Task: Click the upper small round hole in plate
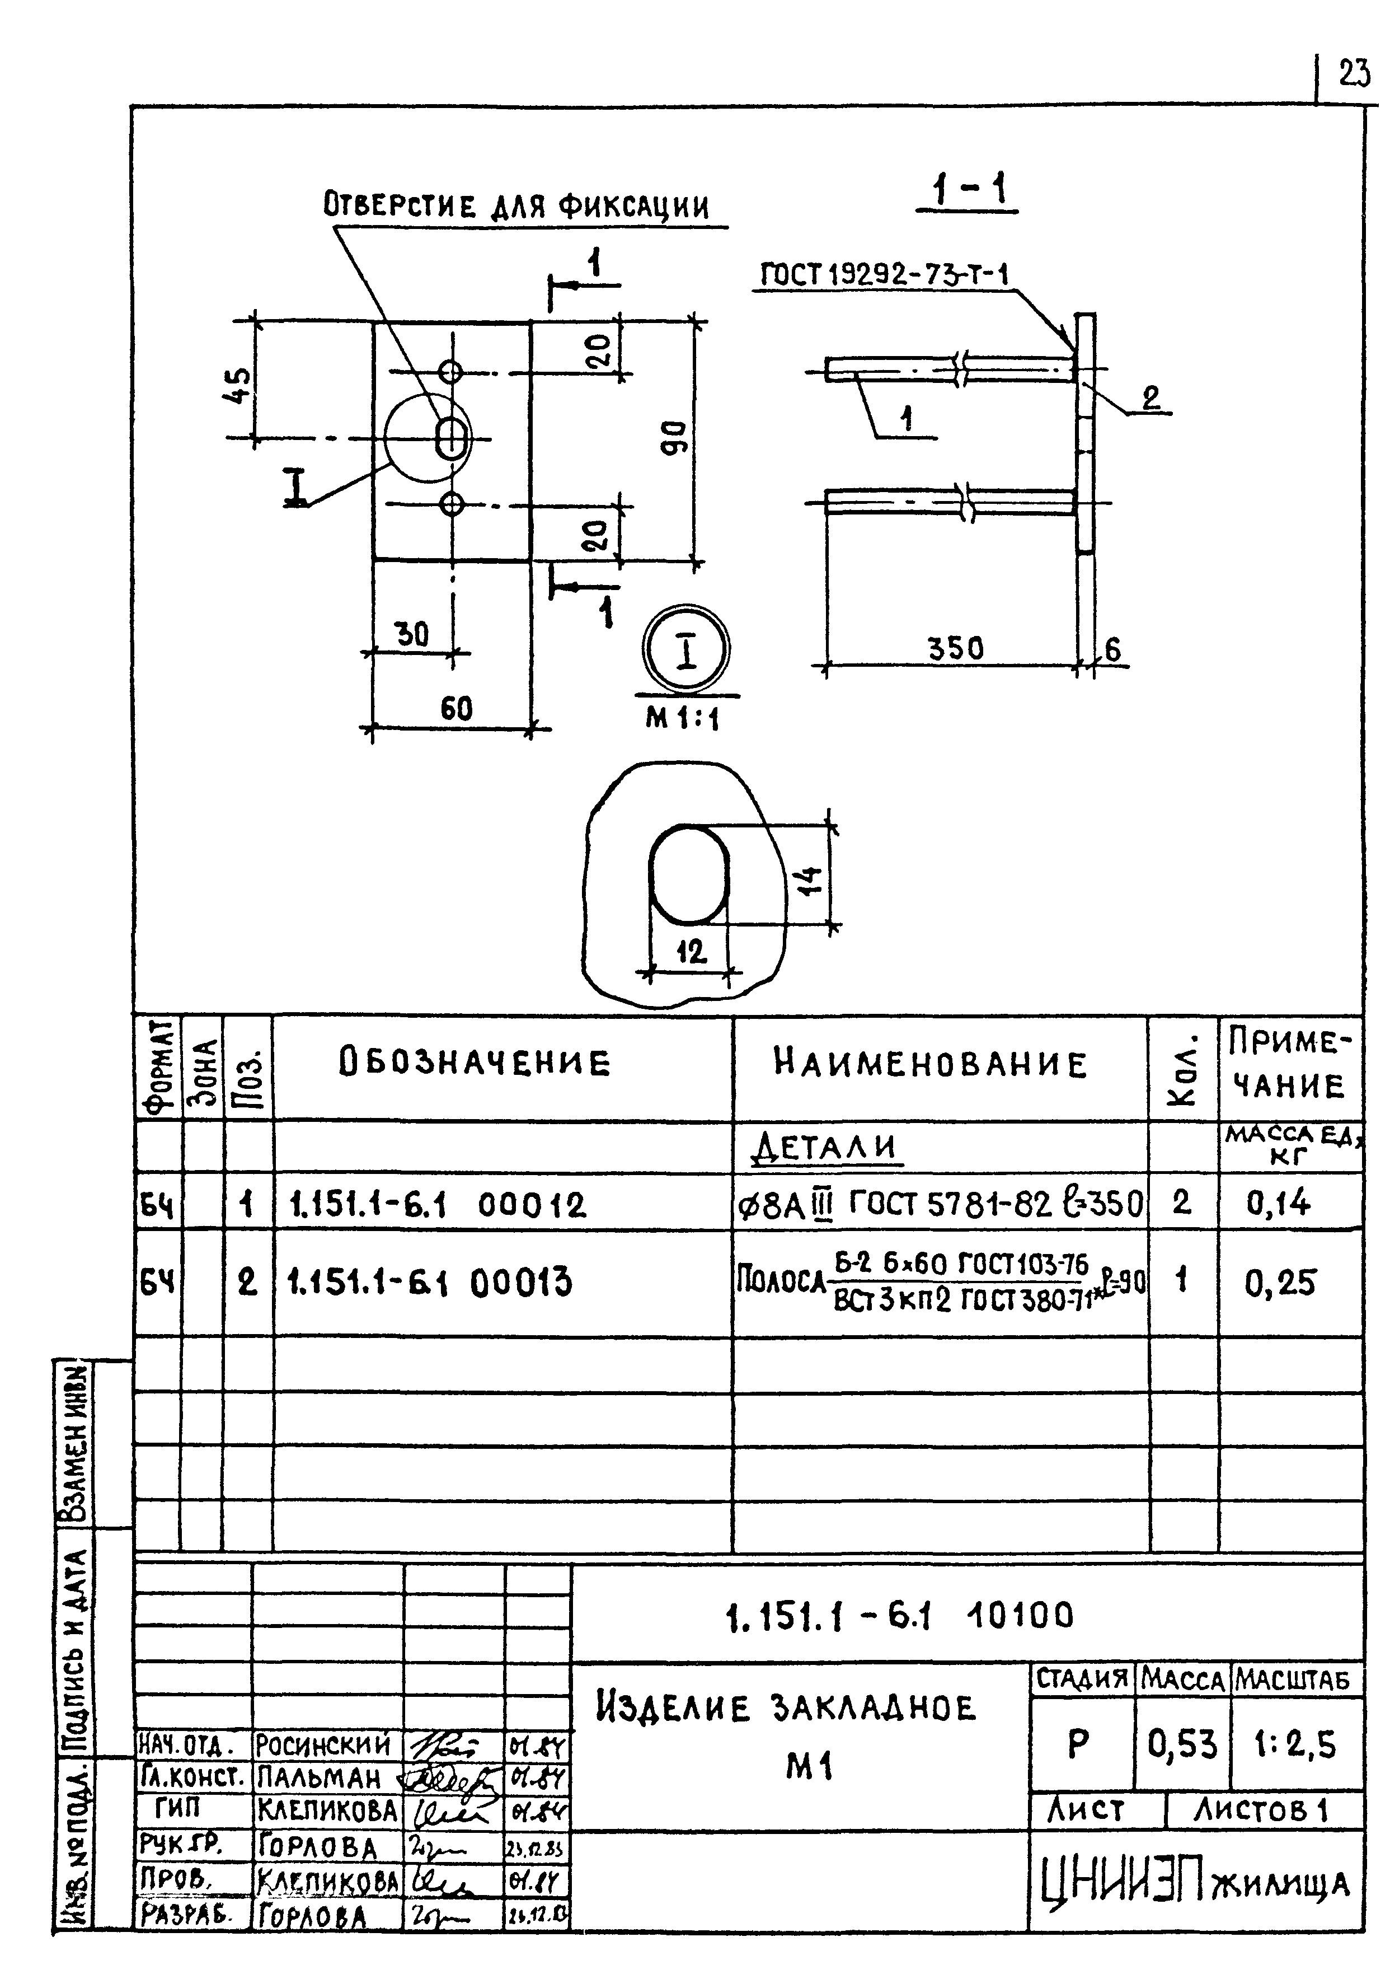(451, 372)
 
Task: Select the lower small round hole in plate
(451, 504)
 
